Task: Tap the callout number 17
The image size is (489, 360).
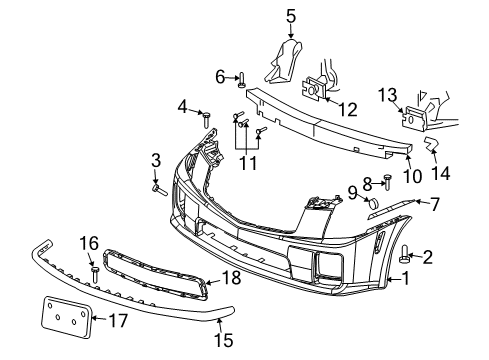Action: [118, 321]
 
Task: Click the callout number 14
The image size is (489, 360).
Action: [440, 171]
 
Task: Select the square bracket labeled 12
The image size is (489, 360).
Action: [313, 91]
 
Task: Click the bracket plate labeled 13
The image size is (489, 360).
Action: [410, 119]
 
